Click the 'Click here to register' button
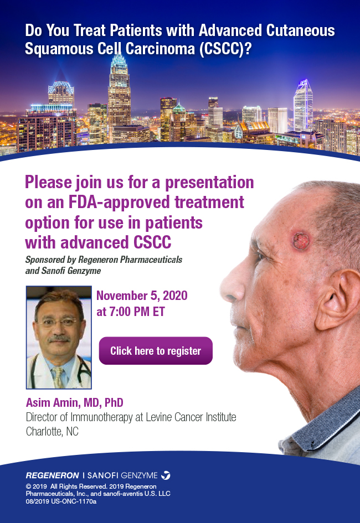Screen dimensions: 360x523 point(156,350)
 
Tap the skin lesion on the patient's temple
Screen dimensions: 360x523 point(301,240)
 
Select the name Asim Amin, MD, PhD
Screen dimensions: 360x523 point(75,402)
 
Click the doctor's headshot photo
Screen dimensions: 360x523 point(59,337)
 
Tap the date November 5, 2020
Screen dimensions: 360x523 point(142,296)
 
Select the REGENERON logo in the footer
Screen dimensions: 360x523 point(53,475)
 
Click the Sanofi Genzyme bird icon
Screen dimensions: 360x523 point(166,475)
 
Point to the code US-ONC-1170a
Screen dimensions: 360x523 point(74,501)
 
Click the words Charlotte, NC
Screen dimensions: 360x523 point(52,431)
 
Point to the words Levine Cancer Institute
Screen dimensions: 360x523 point(191,417)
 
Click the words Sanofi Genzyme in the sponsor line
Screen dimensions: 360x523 point(71,271)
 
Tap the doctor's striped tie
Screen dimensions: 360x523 point(58,377)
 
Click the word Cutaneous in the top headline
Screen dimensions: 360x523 point(300,30)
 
